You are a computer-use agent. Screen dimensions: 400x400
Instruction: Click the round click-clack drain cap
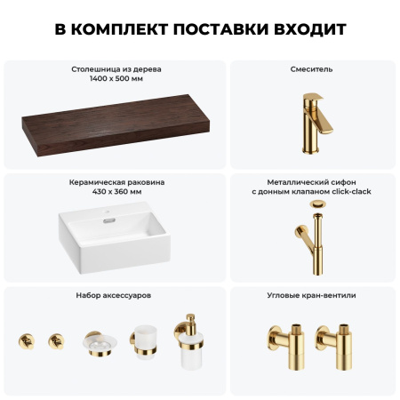(x=317, y=205)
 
